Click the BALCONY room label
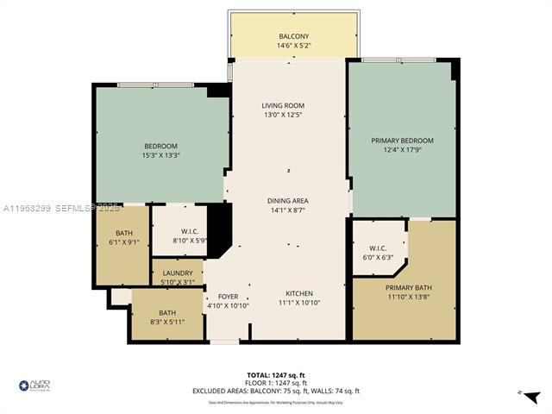pos(293,35)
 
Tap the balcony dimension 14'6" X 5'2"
pos(293,46)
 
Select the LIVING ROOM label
pos(283,106)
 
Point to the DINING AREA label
pos(287,200)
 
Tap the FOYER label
pos(228,295)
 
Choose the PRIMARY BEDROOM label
pos(402,140)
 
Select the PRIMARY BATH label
pos(405,288)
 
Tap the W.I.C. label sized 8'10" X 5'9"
pos(191,230)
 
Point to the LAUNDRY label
pos(177,272)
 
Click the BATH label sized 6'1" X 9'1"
pos(125,233)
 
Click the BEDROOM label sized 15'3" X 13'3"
pos(161,146)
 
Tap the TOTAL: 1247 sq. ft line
pos(275,375)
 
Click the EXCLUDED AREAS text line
pos(275,391)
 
